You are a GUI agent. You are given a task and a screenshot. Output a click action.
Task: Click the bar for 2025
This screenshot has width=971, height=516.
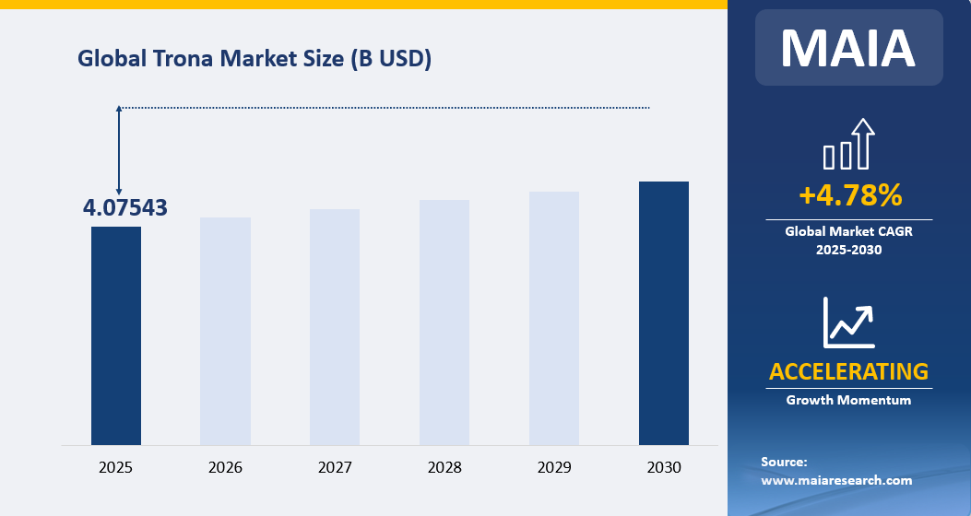coord(116,335)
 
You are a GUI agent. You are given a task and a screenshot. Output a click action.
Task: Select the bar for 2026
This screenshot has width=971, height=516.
coord(225,331)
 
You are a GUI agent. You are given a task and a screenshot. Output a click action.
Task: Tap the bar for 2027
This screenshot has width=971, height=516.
coord(335,327)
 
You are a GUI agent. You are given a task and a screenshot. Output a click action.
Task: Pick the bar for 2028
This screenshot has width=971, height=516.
coord(444,322)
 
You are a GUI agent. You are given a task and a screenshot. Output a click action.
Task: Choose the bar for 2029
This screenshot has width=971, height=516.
coord(554,318)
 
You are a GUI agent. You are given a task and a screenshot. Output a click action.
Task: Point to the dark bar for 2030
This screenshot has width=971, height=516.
coord(664,313)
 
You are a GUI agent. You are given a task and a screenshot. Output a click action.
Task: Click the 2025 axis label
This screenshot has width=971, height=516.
coord(116,468)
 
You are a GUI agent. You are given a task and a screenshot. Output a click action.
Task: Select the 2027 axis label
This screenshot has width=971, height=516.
coord(335,468)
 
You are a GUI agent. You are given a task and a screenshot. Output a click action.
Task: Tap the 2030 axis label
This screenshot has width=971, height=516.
coord(664,468)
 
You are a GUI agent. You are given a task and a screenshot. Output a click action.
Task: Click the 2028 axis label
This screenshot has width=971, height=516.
coord(444,468)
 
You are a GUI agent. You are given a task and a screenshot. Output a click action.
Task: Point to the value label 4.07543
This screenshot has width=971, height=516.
coord(125,208)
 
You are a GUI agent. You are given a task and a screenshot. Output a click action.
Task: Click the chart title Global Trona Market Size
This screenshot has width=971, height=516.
coord(255,59)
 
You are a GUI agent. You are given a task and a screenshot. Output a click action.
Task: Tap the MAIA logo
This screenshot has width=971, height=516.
coord(848,48)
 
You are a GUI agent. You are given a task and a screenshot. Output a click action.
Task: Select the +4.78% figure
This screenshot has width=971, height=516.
coord(849,195)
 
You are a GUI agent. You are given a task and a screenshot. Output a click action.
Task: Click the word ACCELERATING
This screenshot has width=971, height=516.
coord(848,371)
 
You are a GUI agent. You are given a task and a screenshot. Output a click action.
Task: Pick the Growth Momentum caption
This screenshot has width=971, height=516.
coord(848,400)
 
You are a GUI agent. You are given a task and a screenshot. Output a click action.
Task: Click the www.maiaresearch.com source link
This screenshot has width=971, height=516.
coord(836,480)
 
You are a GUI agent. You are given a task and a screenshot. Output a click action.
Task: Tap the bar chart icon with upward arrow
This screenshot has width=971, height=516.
coord(848,145)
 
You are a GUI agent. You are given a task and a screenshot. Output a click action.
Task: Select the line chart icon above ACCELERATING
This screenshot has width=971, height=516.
coord(848,322)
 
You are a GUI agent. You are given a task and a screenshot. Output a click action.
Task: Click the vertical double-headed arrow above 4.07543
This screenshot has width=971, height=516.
coord(119,150)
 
